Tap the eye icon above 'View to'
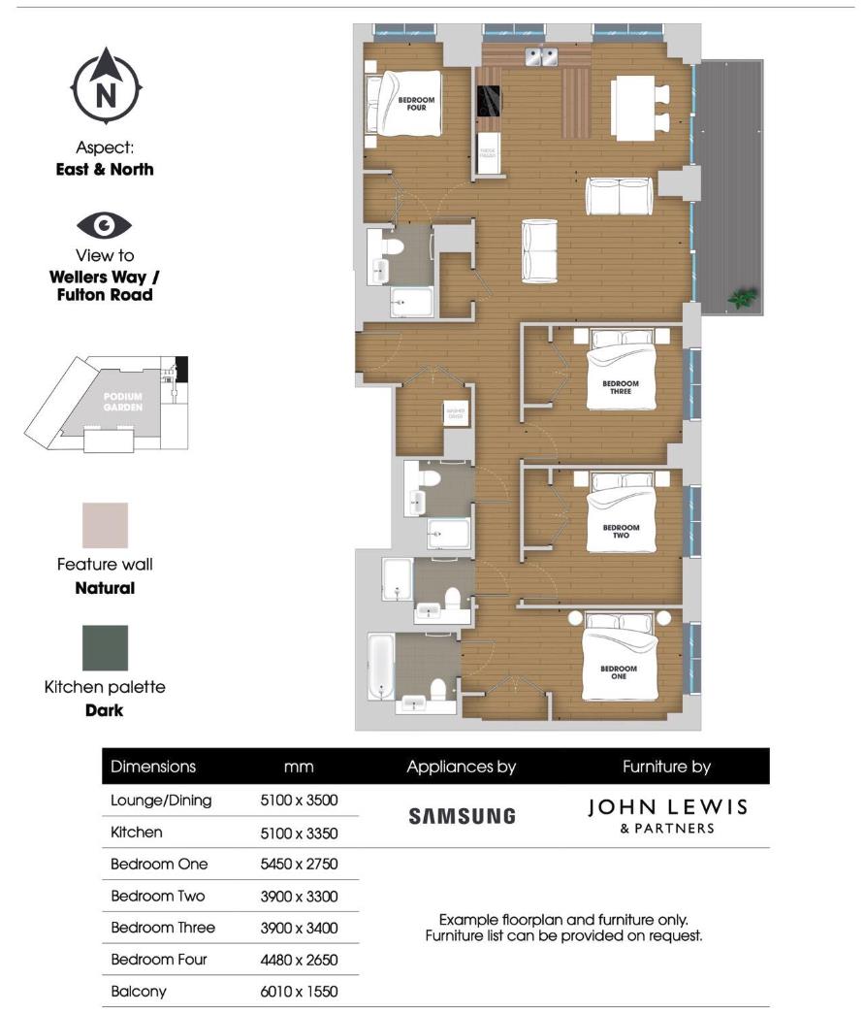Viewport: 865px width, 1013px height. (x=105, y=226)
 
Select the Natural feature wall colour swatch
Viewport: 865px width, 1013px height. (x=105, y=525)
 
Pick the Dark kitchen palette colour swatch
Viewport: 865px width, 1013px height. (x=105, y=648)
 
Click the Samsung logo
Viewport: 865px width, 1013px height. (x=462, y=816)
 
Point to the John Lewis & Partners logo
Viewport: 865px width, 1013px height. (x=667, y=815)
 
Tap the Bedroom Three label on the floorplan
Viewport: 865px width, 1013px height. (x=620, y=387)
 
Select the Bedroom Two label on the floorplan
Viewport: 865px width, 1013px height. (x=622, y=532)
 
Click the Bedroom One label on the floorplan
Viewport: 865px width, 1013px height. (x=619, y=672)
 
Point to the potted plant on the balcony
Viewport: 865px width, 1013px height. (x=742, y=298)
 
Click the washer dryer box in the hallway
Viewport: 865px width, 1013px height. (x=456, y=414)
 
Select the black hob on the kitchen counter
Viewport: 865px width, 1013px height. (x=488, y=100)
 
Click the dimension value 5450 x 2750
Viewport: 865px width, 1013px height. (x=299, y=864)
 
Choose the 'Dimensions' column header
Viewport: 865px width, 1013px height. (x=153, y=767)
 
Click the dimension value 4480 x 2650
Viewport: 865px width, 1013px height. (x=299, y=960)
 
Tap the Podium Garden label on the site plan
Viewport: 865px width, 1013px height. (x=123, y=402)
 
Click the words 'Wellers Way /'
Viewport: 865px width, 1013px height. (x=105, y=277)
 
